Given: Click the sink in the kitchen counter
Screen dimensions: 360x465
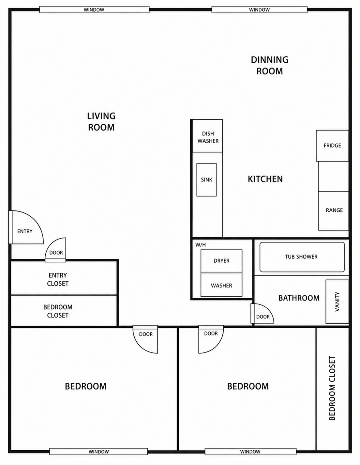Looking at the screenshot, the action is (206, 180).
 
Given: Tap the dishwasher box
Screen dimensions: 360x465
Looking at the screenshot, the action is (208, 136).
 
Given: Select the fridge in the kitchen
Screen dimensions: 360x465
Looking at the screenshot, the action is (332, 146).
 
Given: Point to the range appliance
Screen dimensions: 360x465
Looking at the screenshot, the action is (334, 211).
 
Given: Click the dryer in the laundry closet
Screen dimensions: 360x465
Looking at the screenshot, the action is (221, 261).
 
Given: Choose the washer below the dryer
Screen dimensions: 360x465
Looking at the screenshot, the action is (221, 285).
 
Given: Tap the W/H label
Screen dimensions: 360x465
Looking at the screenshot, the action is (201, 245).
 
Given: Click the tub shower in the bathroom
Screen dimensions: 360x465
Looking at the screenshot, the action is (302, 257).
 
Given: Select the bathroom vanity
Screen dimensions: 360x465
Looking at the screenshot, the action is (337, 302).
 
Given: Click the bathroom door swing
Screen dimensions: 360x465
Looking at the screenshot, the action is (262, 314).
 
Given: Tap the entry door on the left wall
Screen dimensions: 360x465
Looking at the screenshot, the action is (26, 227).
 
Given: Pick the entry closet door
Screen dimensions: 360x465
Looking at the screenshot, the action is (55, 250).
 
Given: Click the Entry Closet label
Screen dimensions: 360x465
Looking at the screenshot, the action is (58, 279).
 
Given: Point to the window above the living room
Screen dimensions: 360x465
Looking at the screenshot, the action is (94, 10).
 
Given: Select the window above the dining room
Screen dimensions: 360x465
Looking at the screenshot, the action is (259, 10).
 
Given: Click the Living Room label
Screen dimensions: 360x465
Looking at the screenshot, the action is (101, 121).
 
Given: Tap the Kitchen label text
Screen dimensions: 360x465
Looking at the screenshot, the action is (265, 179).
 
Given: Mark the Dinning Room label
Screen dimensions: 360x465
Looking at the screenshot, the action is (270, 66).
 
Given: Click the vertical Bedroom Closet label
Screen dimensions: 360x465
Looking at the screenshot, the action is (332, 388).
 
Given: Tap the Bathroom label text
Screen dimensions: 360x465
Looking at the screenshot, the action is (299, 298).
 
